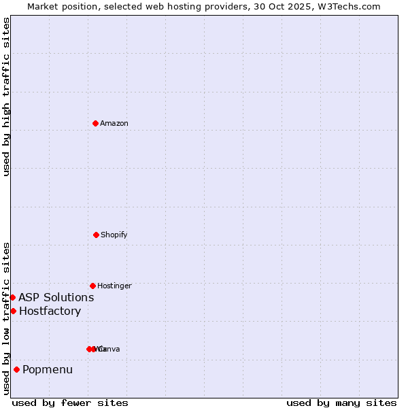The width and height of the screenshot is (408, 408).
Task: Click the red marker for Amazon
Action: [96, 123]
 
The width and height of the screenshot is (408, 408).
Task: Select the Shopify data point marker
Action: [96, 235]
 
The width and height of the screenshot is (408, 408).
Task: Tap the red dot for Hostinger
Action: [92, 286]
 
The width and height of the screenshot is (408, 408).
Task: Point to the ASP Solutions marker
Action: [12, 297]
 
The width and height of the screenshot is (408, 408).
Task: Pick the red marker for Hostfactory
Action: [13, 311]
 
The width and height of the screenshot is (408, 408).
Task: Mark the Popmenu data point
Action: [16, 369]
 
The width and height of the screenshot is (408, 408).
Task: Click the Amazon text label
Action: [114, 123]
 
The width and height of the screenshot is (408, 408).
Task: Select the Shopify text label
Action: [114, 235]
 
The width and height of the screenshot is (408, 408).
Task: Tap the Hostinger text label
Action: [114, 286]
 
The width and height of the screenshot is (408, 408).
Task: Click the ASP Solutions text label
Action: [56, 297]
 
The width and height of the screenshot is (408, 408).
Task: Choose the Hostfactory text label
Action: [50, 311]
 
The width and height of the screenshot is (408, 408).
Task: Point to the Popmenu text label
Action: [48, 370]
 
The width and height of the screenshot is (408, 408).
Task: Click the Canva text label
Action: [109, 349]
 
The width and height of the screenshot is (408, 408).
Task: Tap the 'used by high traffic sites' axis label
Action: [6, 97]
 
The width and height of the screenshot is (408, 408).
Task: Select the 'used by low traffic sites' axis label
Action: [6, 318]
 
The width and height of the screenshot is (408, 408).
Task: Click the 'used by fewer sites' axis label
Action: [70, 403]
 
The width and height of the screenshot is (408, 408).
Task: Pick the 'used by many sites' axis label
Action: [341, 403]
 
